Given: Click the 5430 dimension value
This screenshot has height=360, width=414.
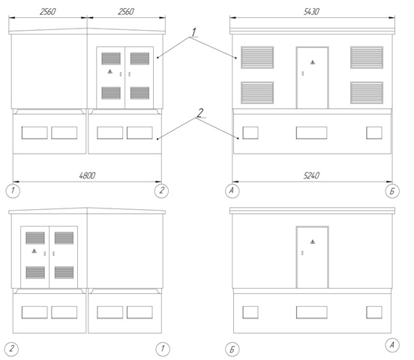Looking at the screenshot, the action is point(311,12).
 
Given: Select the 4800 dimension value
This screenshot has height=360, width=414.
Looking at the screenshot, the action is point(87,175).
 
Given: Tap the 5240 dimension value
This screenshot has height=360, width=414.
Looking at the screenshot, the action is point(311,175).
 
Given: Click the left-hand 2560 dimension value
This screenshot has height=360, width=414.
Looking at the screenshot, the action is point(48,12).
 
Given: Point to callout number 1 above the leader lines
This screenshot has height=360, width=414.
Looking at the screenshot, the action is point(193,32).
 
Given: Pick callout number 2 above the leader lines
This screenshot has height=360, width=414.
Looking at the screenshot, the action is point(200,113).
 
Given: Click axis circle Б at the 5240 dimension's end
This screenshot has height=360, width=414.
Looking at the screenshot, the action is point(392,191).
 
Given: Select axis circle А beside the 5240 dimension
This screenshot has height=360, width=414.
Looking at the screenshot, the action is point(232,191).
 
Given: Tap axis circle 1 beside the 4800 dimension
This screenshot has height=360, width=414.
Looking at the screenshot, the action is point(13,190).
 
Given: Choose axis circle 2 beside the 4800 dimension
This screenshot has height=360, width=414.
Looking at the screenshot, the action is point(161,190).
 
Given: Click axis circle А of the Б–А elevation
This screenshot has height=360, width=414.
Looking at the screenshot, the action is point(392,345).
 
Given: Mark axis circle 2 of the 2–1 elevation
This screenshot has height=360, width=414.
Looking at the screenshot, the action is point(11,349).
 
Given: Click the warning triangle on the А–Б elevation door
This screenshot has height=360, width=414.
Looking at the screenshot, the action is point(313,62).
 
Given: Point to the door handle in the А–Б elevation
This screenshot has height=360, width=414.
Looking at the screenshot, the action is point(302,73).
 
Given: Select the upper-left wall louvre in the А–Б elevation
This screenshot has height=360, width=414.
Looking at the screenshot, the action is point(257,57).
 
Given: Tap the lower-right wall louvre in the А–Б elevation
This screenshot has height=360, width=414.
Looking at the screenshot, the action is point(367,93).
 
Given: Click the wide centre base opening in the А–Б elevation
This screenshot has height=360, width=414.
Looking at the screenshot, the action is point(311,133).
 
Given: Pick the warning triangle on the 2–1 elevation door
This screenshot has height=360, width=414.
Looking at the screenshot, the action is point(34,251).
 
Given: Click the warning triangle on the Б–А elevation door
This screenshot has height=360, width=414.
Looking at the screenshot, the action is point(313,241).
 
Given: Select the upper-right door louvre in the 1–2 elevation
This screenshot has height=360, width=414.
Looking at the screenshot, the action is point(139,58).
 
